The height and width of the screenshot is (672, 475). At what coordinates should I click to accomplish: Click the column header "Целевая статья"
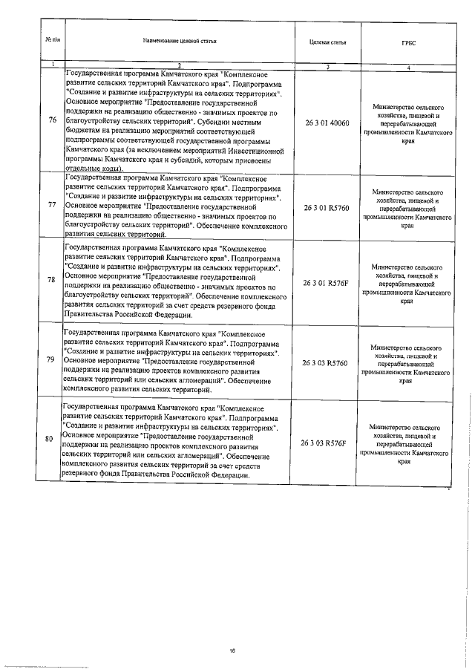tap(327, 42)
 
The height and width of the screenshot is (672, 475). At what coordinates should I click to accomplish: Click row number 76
tap(50, 123)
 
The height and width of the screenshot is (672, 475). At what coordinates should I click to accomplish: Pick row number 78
tap(50, 280)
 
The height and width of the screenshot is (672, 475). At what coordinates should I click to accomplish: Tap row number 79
tap(50, 360)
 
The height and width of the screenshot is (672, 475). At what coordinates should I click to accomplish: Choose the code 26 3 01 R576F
tap(327, 283)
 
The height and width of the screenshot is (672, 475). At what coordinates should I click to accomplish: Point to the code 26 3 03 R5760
tap(327, 362)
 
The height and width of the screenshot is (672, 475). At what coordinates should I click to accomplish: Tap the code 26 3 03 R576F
tap(327, 442)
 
